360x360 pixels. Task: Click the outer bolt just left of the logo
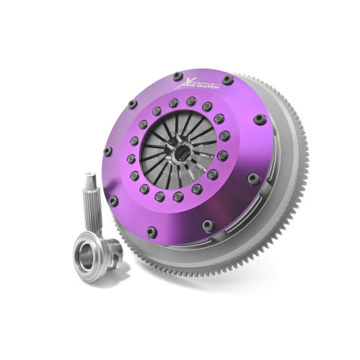click(x=176, y=76)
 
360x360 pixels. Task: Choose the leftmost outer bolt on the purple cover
click(x=107, y=151)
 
